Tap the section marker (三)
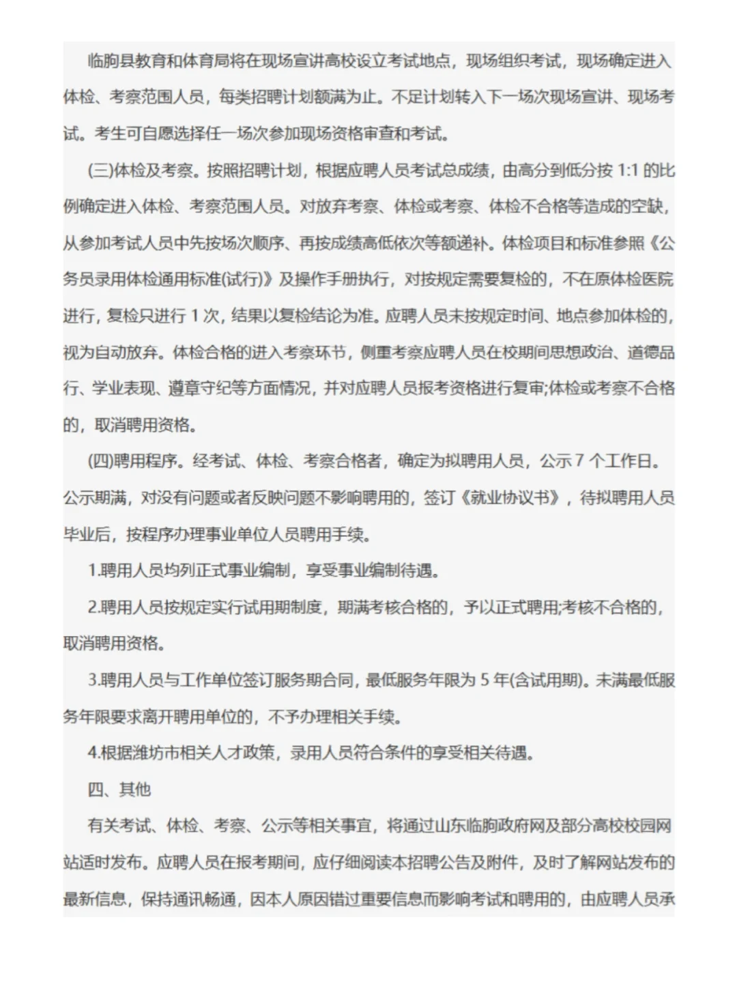point(100,170)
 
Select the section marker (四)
point(100,461)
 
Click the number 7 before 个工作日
point(579,461)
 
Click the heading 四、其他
point(119,790)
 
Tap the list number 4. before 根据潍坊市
point(93,753)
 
